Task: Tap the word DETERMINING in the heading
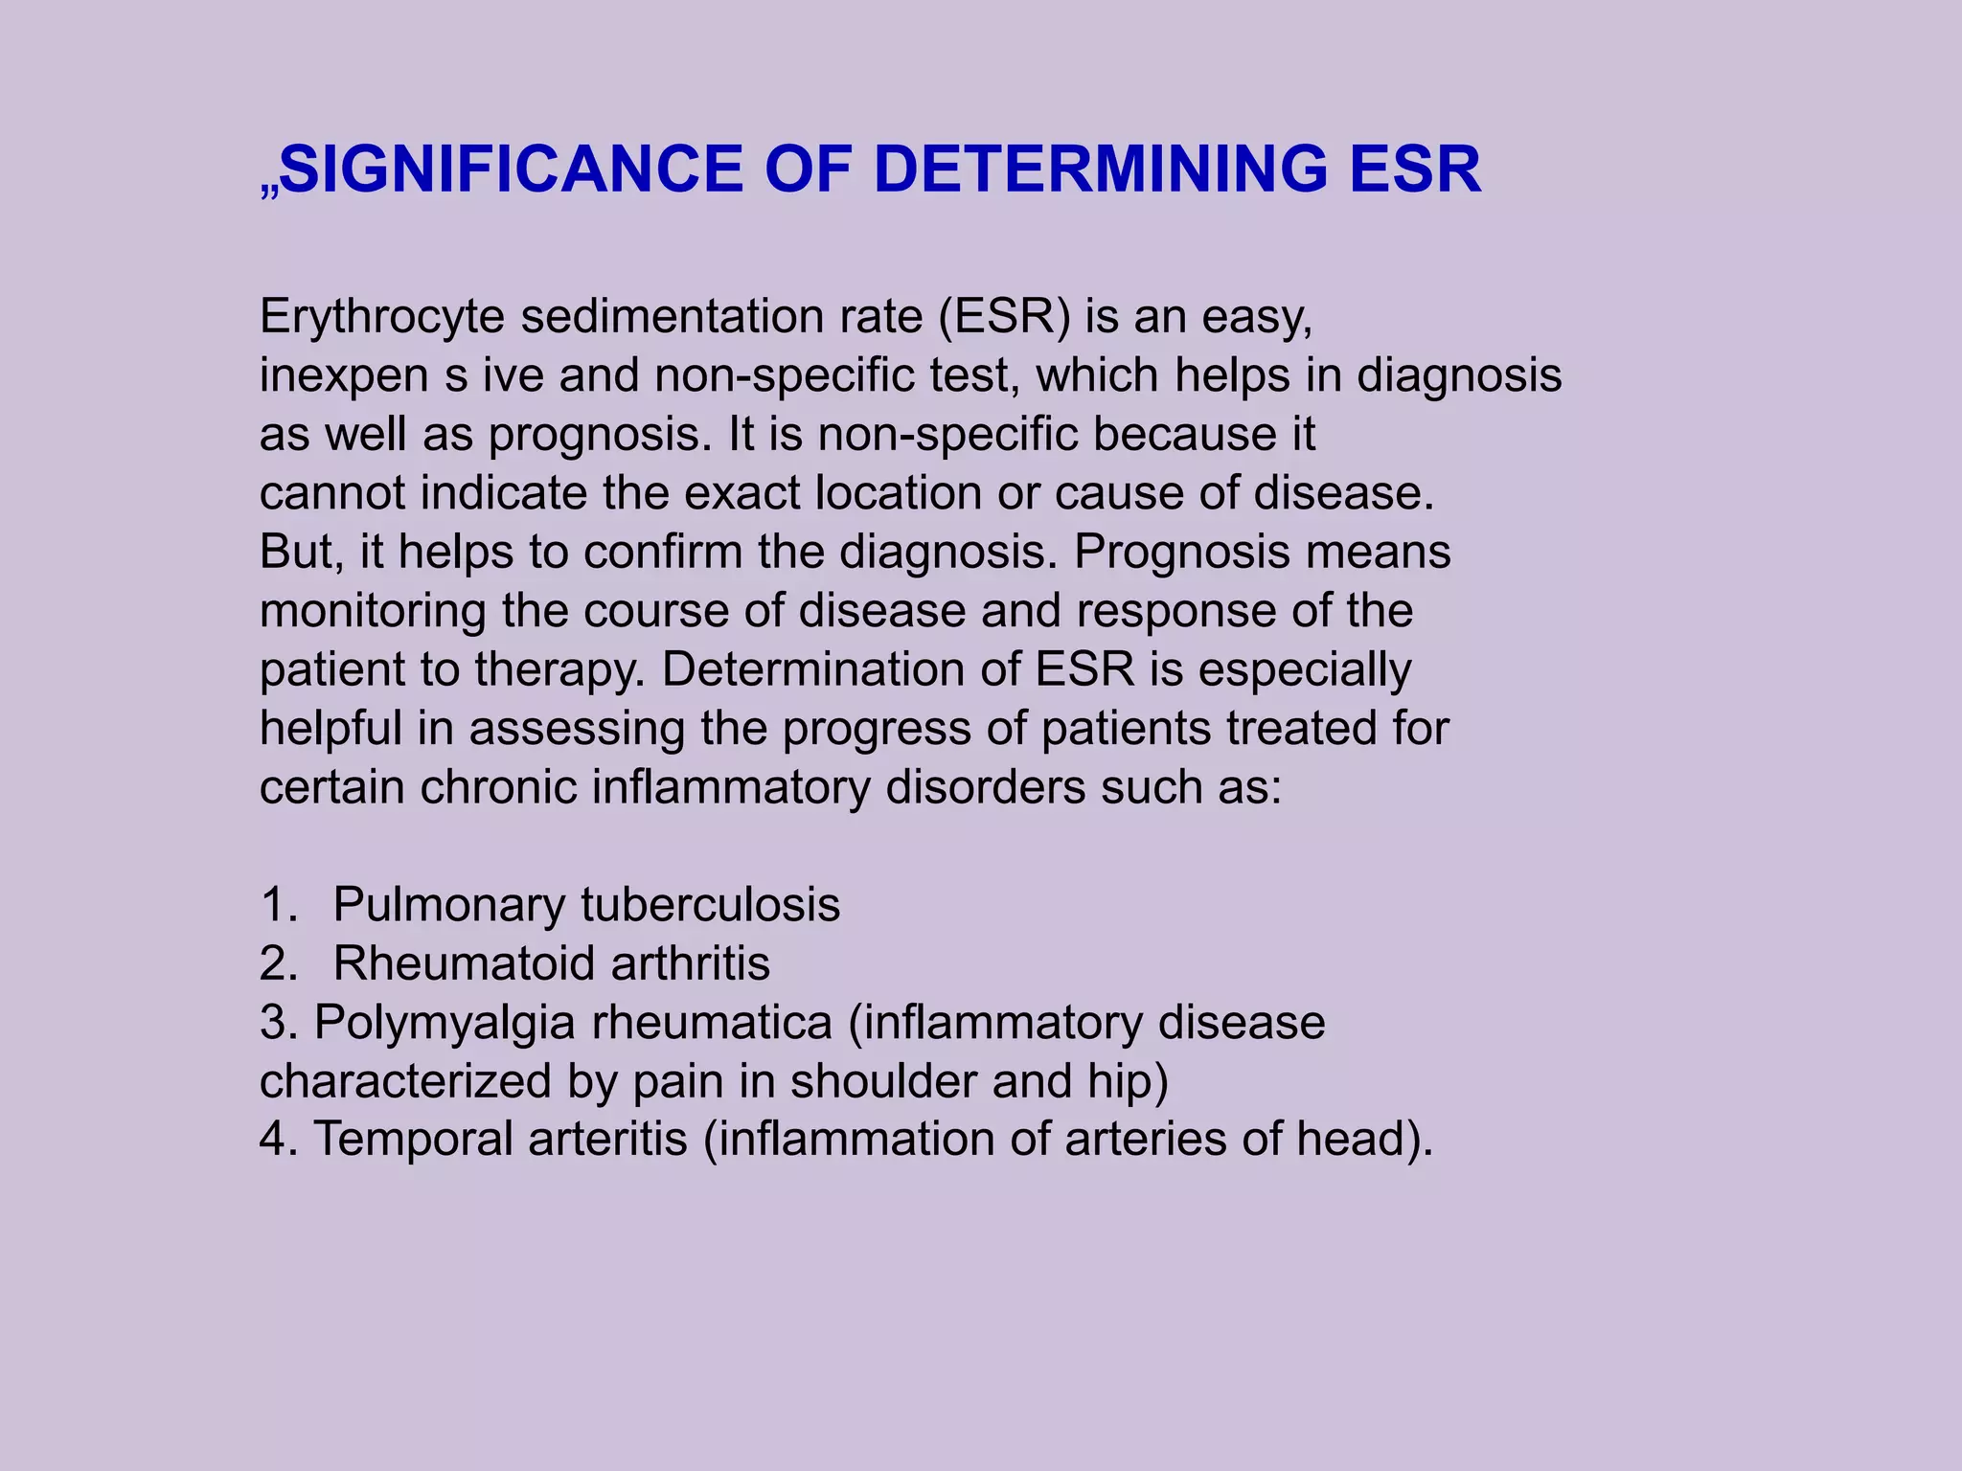click(x=1101, y=170)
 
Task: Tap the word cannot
click(x=332, y=493)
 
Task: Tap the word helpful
click(x=331, y=728)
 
